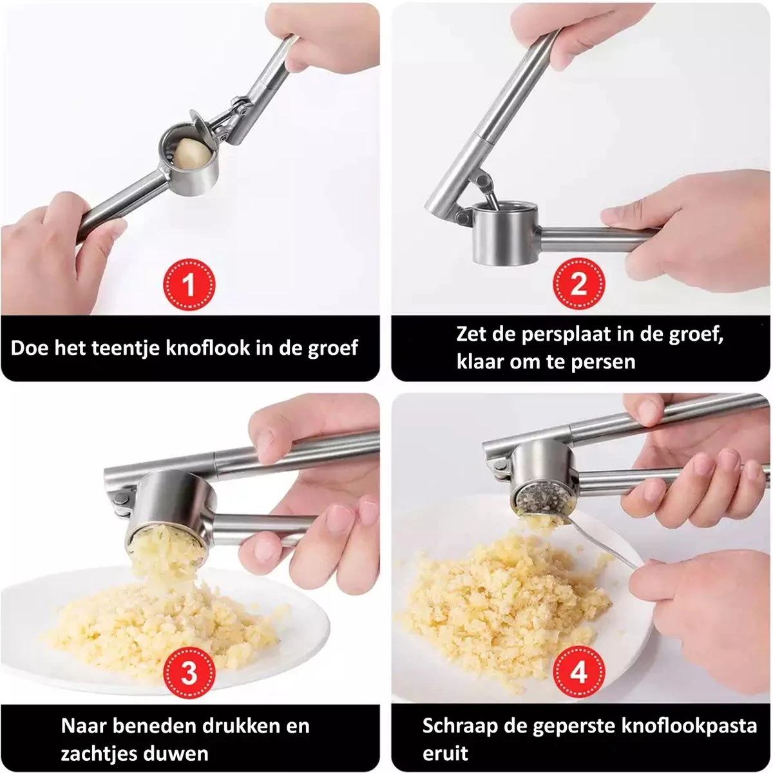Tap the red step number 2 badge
click(x=578, y=284)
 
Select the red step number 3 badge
click(x=189, y=673)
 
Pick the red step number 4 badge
click(x=578, y=673)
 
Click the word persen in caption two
click(x=603, y=361)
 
